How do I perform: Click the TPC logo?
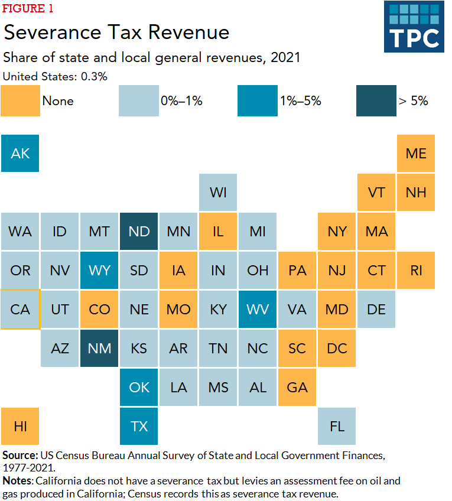[x=414, y=27]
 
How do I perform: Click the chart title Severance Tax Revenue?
[x=116, y=32]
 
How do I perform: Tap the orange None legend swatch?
[x=20, y=101]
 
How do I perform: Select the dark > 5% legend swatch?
[x=376, y=101]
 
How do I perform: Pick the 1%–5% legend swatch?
[x=258, y=101]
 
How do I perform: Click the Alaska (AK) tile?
[x=20, y=153]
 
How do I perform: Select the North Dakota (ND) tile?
[x=139, y=231]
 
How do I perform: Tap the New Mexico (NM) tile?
[x=99, y=348]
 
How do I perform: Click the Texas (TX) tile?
[x=139, y=426]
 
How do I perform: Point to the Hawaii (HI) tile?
[x=20, y=426]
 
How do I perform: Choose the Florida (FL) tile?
[x=337, y=426]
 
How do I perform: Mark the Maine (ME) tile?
[x=416, y=153]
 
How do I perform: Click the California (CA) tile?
[x=20, y=309]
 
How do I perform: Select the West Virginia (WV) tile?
[x=258, y=309]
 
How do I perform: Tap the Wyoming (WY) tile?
[x=99, y=270]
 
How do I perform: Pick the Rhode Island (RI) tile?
[x=416, y=270]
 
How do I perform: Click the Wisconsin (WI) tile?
[x=218, y=192]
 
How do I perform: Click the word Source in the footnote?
[x=19, y=456]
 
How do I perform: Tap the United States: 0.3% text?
[x=55, y=76]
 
